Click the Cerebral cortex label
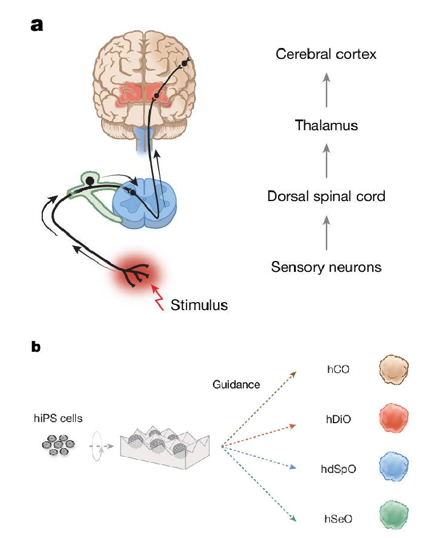326,54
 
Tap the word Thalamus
326,125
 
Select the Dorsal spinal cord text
326,196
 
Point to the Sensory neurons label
326,267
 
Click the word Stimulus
199,305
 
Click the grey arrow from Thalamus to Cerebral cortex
326,90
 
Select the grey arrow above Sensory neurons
326,232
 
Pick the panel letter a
37,25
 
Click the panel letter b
36,347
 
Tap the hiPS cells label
58,418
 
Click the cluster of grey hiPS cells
58,445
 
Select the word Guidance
236,384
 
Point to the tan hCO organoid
394,370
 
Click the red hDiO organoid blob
394,418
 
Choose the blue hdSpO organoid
394,467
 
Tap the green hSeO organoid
394,516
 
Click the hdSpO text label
338,469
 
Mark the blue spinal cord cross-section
145,202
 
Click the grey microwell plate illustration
164,447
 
